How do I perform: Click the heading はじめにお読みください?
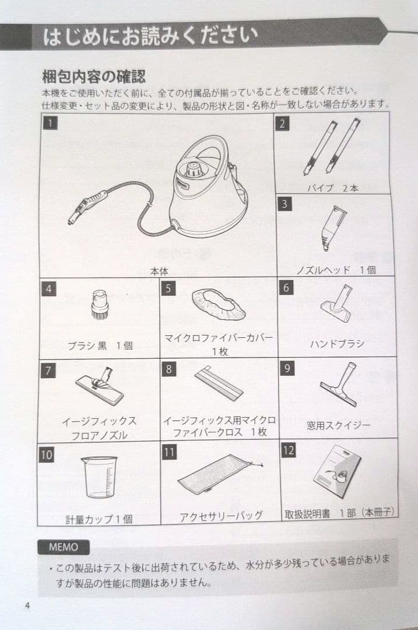click(x=150, y=36)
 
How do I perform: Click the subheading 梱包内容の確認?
click(x=93, y=76)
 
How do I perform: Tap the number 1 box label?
click(x=51, y=123)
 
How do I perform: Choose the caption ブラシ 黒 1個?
click(x=100, y=345)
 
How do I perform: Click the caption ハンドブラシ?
click(x=336, y=343)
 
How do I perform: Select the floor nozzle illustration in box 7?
click(x=100, y=386)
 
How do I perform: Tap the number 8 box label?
click(x=168, y=369)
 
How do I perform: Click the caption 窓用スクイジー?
click(x=338, y=425)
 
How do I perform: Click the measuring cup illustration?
click(x=99, y=475)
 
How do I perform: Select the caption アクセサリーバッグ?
click(x=220, y=516)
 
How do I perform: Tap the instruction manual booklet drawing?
click(x=336, y=470)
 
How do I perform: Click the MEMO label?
click(x=64, y=547)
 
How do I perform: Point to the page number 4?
click(x=27, y=604)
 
